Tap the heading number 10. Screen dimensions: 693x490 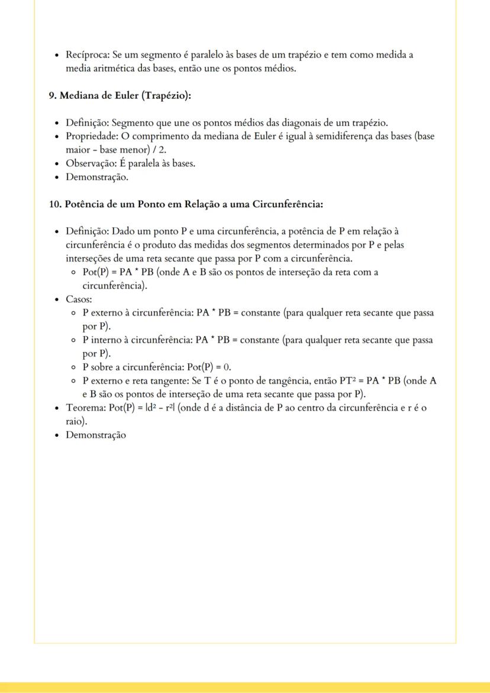click(x=54, y=205)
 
